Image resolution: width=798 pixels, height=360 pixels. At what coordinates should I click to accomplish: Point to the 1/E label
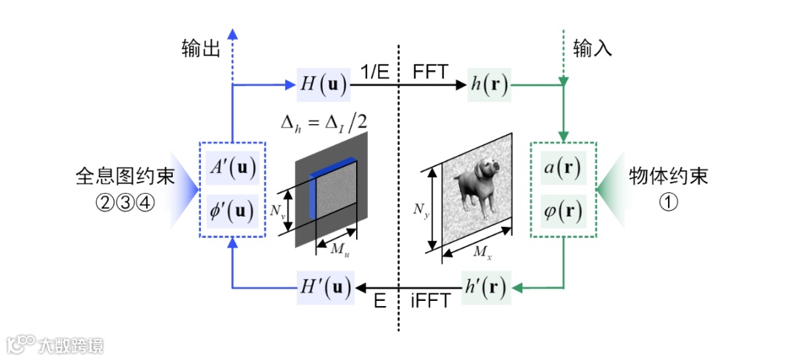(x=375, y=72)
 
